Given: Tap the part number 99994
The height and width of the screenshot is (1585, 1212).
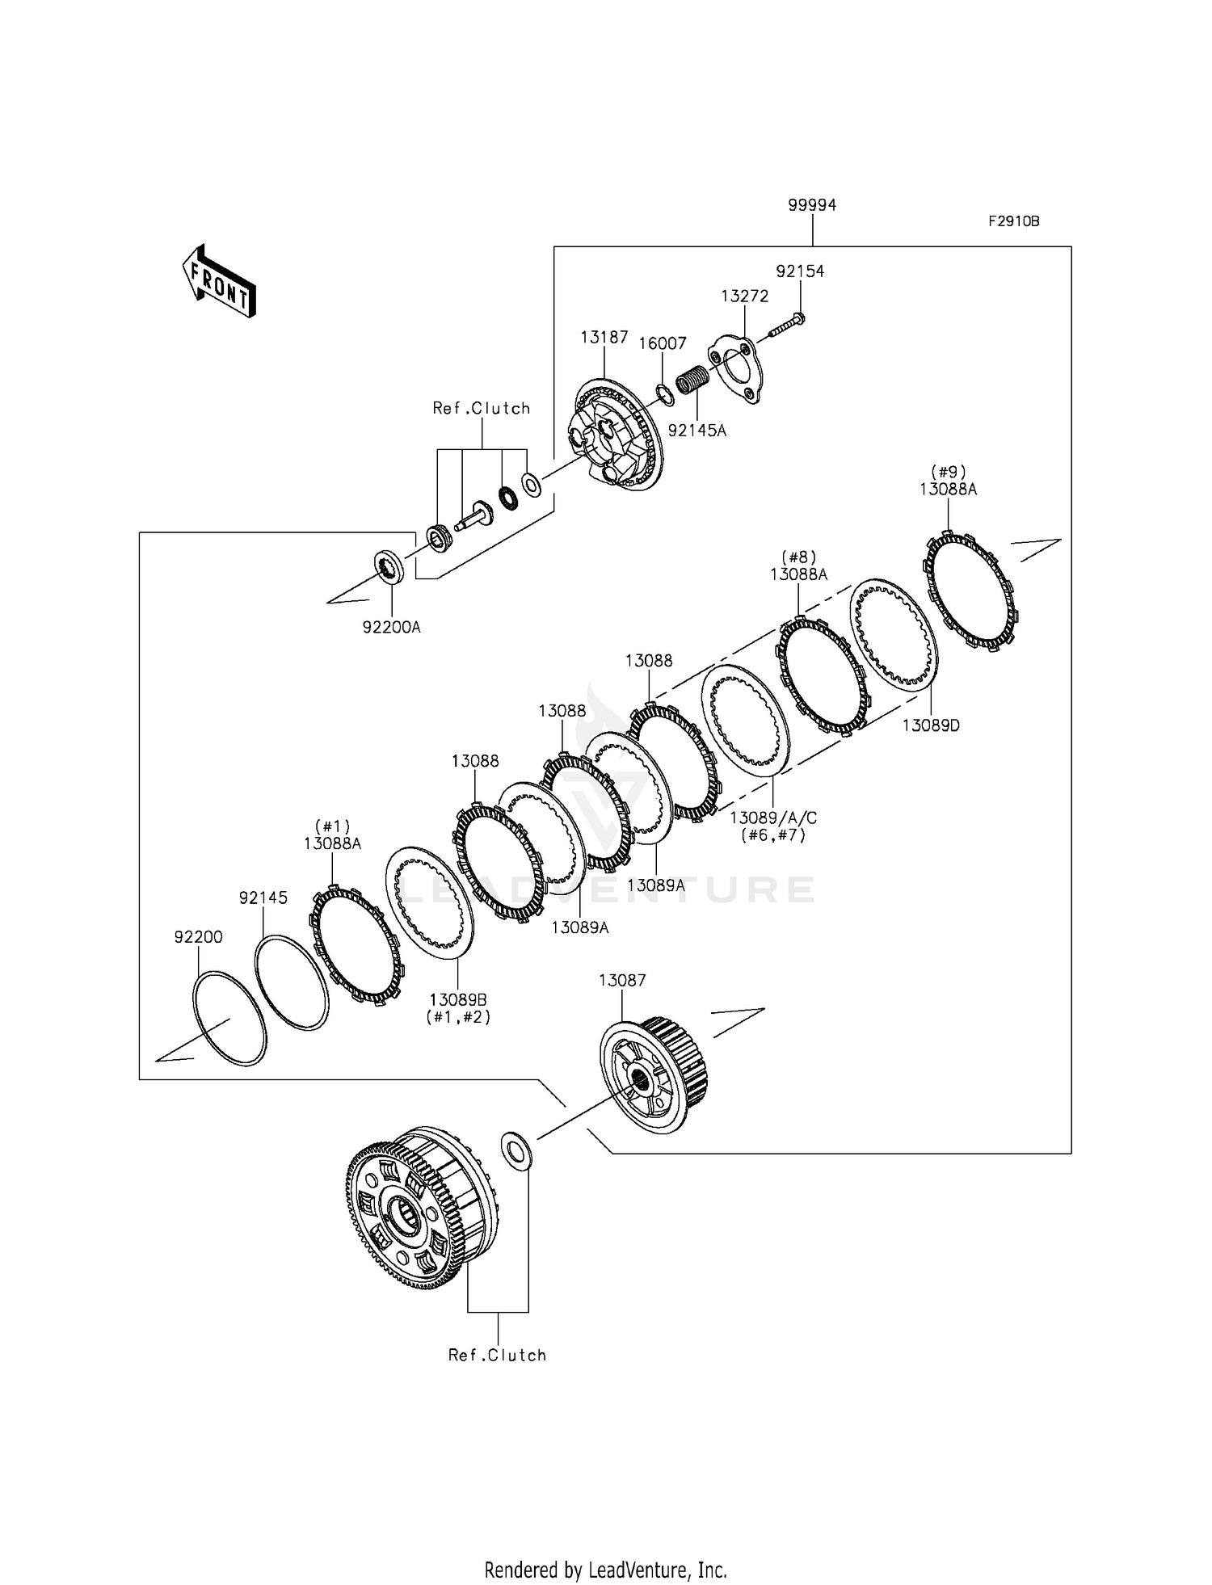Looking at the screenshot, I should [x=812, y=205].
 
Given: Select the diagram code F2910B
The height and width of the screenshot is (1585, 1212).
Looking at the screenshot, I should [x=1013, y=221].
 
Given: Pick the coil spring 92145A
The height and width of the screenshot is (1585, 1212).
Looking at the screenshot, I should [x=692, y=380].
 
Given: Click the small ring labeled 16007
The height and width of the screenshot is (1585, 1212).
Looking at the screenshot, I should [x=664, y=393].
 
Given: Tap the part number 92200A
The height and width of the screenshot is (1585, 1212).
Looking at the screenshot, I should [x=391, y=627].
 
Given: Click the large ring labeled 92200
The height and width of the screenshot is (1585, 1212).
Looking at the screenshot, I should [x=230, y=1018].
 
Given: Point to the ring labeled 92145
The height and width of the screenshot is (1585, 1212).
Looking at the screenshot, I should [x=292, y=982].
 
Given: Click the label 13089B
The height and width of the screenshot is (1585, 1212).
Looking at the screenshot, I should [x=458, y=1000].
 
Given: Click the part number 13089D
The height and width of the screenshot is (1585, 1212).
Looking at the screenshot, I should [x=931, y=725].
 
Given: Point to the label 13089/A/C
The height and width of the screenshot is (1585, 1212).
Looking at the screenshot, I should [x=773, y=818].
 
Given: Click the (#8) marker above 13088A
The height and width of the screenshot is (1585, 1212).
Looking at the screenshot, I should [x=798, y=557].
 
